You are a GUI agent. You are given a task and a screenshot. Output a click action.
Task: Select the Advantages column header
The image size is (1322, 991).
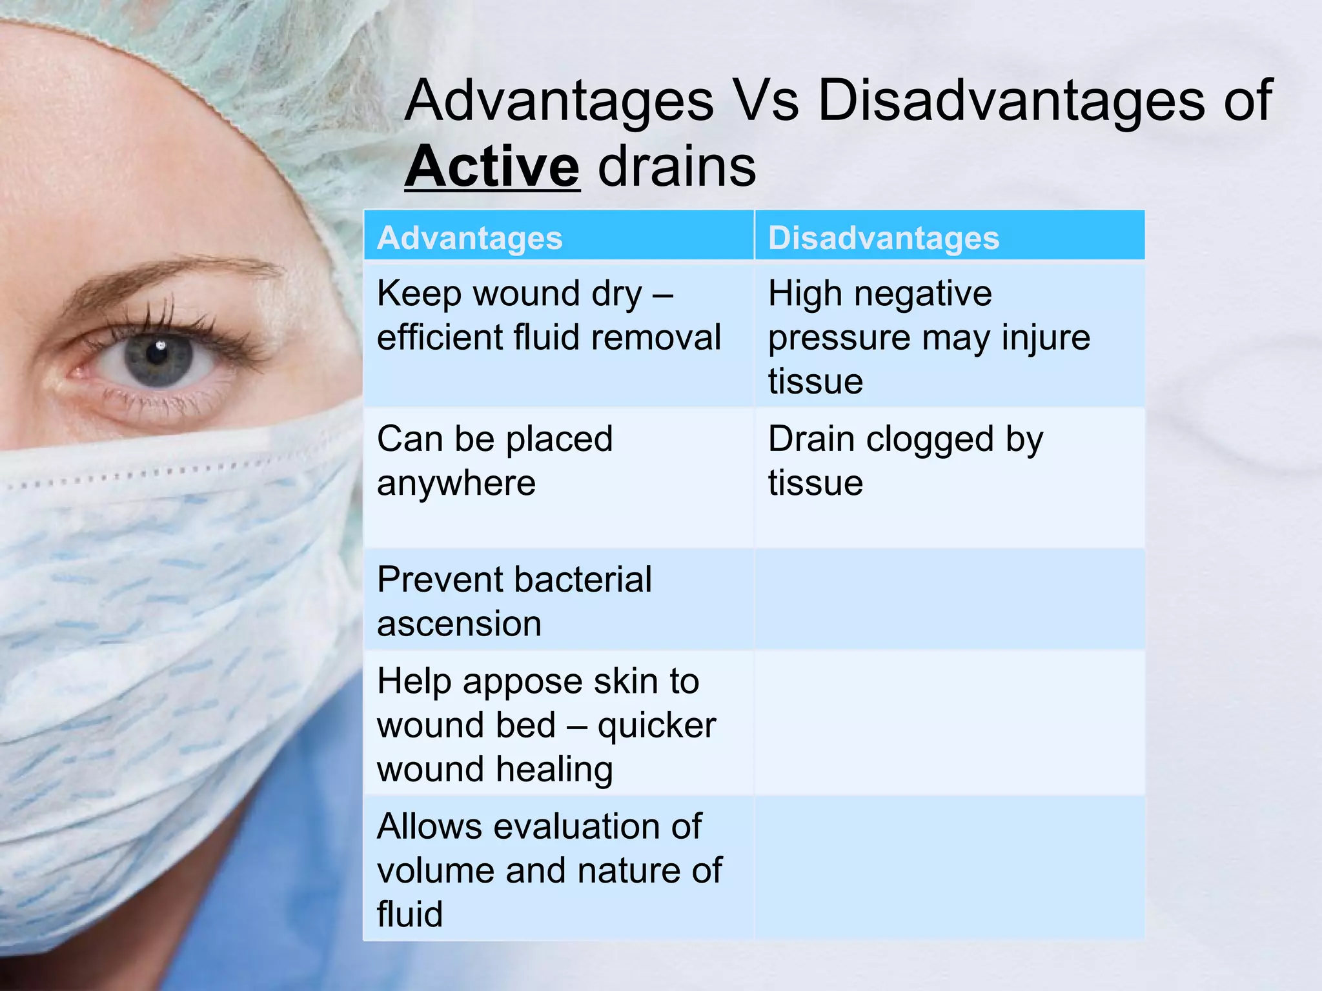tap(470, 237)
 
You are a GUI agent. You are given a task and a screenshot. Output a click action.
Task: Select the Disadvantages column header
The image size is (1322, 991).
tap(883, 237)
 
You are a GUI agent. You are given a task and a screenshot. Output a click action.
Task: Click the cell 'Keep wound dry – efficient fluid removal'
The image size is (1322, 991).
tap(549, 316)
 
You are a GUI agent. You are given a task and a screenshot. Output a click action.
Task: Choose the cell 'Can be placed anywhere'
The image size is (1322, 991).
tap(494, 461)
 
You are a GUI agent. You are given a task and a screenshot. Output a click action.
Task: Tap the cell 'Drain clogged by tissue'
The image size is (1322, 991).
tap(905, 461)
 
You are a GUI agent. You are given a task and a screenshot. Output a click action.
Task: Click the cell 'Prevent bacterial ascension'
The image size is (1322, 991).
tap(514, 601)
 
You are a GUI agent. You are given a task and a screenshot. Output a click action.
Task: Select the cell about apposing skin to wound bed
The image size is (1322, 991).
tap(546, 725)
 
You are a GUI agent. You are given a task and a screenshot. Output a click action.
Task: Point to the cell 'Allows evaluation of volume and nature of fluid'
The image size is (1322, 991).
tap(549, 870)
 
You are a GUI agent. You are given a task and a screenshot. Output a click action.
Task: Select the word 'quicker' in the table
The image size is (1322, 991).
tap(656, 726)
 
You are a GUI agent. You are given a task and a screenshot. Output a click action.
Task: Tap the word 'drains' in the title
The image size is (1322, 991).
tap(676, 166)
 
